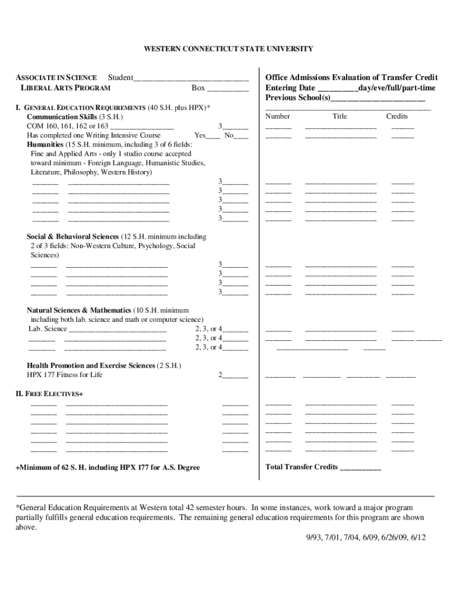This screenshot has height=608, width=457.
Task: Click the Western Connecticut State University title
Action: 228,49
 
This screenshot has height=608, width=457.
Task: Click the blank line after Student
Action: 191,78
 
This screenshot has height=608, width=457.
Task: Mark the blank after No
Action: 241,136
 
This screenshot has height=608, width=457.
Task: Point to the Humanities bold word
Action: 46,144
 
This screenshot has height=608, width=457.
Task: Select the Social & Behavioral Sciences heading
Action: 72,236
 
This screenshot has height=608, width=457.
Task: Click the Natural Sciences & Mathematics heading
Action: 79,310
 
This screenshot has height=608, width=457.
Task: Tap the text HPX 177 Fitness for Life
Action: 65,375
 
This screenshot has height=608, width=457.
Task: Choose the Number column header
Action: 277,116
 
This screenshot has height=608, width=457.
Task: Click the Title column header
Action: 339,116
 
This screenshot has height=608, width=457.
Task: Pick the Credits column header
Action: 397,116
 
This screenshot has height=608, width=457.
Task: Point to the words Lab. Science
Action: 48,328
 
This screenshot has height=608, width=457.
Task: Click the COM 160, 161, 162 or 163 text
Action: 68,126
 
